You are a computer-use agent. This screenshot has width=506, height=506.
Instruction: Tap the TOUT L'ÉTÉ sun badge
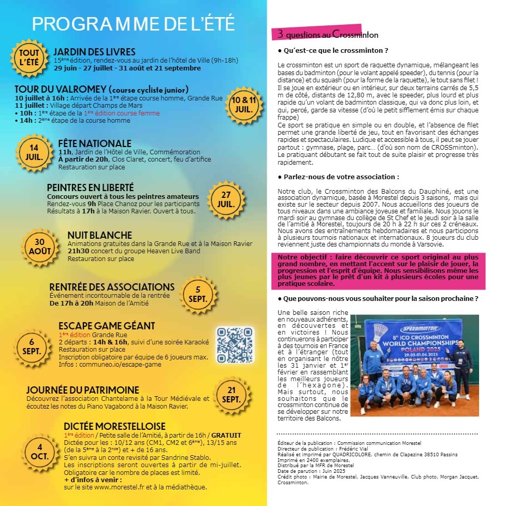[28, 59]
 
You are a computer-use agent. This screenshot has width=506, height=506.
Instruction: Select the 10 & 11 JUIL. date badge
[243, 104]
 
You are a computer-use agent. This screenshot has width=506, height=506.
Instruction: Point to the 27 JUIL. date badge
[226, 199]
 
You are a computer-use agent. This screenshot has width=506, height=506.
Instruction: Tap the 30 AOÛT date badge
[40, 247]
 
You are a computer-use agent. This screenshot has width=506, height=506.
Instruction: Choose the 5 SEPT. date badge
[197, 295]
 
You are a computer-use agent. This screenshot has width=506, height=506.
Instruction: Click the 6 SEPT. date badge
[32, 346]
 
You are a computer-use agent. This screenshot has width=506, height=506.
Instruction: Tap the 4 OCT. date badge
[40, 452]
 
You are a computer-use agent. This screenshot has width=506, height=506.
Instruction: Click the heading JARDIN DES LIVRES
[94, 52]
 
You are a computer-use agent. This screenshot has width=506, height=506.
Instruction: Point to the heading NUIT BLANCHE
[99, 235]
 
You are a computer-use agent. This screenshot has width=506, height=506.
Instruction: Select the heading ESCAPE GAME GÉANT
[106, 326]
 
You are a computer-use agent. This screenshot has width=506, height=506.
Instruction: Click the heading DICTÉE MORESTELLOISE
[114, 426]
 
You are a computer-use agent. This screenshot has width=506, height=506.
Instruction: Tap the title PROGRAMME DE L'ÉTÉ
[133, 24]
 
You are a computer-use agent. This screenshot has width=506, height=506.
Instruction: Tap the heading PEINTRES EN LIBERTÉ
[90, 187]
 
